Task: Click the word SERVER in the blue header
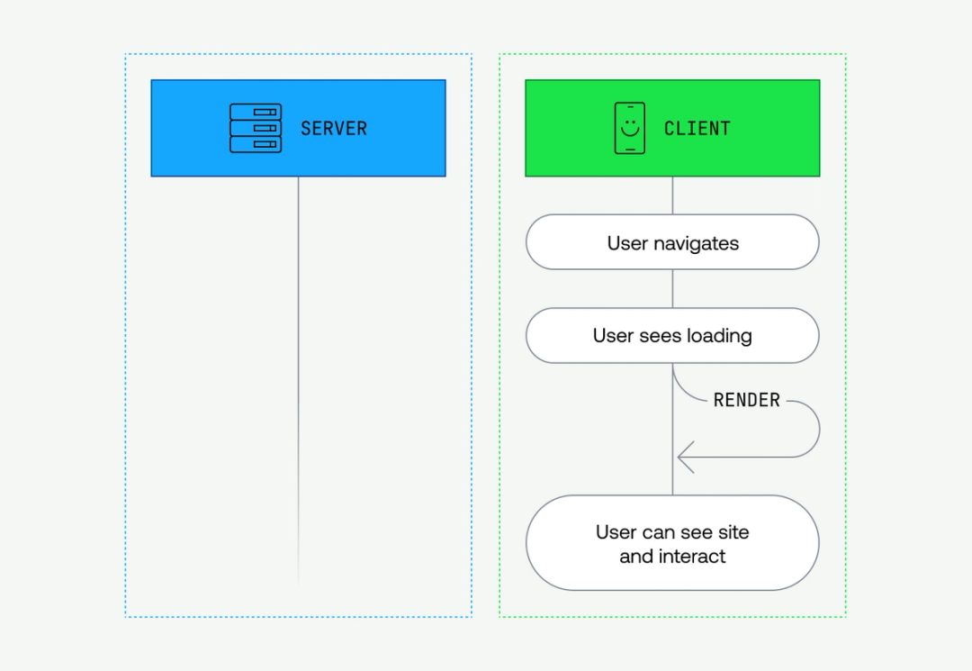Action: (x=334, y=128)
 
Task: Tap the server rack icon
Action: (x=256, y=128)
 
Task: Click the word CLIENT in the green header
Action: (x=697, y=128)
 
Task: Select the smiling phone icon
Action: (x=630, y=128)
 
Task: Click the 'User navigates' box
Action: (x=672, y=242)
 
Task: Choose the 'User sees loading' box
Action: (x=672, y=335)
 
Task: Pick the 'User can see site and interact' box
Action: (x=672, y=543)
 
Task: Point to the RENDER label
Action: (x=746, y=400)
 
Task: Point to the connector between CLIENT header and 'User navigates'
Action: (x=672, y=195)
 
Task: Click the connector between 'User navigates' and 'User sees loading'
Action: (x=672, y=288)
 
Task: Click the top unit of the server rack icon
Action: (x=256, y=113)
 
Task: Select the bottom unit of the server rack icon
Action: (x=256, y=144)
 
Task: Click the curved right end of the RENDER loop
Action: (x=817, y=429)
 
